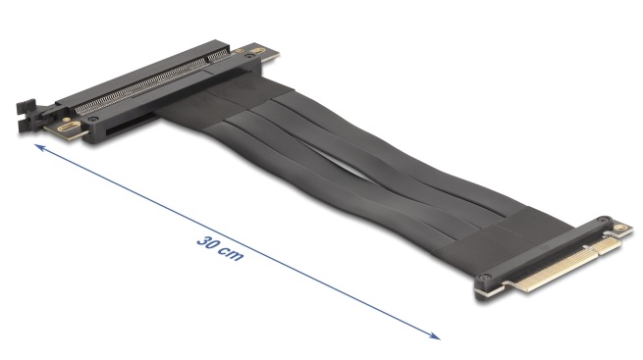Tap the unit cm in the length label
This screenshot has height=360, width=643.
point(231,254)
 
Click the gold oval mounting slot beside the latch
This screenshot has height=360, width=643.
point(68,127)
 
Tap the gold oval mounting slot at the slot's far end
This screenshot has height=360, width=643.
point(257,51)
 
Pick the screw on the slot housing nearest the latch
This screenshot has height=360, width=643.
point(94,119)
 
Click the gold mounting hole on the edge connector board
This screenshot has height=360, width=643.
point(620,227)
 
